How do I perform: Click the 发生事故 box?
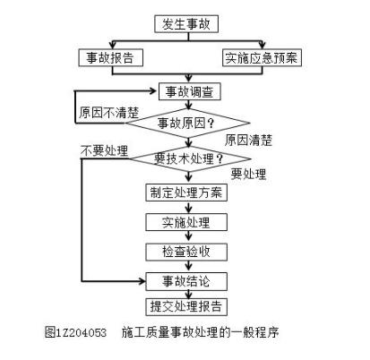tap(186, 24)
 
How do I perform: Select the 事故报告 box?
tap(111, 57)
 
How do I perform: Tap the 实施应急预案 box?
tap(262, 57)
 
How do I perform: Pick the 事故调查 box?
tap(189, 91)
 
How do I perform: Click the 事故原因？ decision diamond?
tap(187, 123)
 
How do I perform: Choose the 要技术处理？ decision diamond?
tap(189, 159)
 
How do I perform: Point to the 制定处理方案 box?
tap(186, 193)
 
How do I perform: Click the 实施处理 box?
tap(186, 222)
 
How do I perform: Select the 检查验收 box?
tap(186, 252)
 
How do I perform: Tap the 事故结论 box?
tap(186, 281)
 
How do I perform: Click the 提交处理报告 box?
tap(186, 306)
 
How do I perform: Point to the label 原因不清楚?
tap(109, 113)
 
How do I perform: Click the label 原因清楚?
tap(248, 141)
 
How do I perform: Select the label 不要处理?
tap(104, 150)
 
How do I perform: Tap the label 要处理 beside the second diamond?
tap(248, 174)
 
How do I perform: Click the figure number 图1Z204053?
tap(75, 332)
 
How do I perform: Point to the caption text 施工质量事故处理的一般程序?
tap(200, 332)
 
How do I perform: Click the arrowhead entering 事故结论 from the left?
tap(142, 281)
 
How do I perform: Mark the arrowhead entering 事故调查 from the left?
tap(154, 90)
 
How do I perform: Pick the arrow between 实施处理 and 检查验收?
tap(188, 236)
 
